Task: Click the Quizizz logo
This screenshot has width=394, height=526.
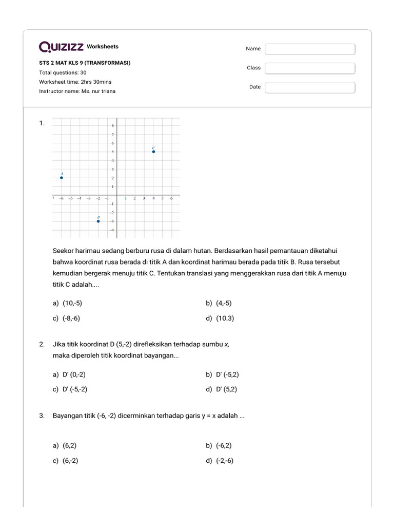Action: tap(62, 47)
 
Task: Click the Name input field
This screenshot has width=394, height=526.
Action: tap(310, 49)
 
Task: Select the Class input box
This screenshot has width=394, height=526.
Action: tap(310, 68)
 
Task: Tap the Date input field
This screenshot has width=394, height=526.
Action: tap(310, 87)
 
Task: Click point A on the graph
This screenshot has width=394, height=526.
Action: tap(62, 178)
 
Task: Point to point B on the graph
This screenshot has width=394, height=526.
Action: tap(98, 221)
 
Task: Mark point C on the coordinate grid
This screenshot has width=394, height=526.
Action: tap(153, 152)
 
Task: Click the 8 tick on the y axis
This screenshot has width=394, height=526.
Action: tap(113, 126)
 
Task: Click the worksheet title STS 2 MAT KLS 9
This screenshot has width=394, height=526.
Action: tap(85, 63)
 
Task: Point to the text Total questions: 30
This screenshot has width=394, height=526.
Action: tap(63, 72)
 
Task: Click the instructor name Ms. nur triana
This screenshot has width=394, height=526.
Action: tap(98, 91)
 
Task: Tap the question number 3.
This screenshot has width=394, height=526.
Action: tap(42, 416)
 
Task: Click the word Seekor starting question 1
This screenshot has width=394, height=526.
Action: tap(64, 251)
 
